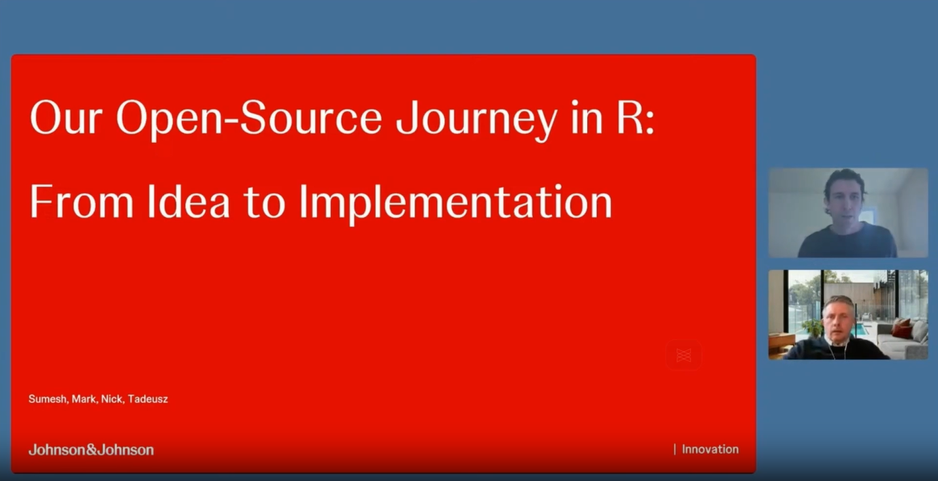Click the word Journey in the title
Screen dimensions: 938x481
tap(477, 120)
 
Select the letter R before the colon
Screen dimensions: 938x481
tap(630, 118)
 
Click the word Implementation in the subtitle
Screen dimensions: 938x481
tap(455, 203)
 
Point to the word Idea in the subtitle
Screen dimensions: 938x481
tap(188, 201)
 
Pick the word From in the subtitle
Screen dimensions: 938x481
tap(82, 201)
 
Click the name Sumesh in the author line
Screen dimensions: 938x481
tap(48, 399)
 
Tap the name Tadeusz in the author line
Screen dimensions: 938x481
tap(148, 399)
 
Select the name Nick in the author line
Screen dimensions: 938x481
tap(112, 399)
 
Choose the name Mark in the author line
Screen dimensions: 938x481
tap(84, 399)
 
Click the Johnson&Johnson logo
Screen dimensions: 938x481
tap(91, 450)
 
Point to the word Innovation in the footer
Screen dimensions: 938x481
tap(710, 449)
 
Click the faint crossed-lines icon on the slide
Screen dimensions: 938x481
tap(684, 356)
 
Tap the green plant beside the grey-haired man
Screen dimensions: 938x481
tap(813, 327)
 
